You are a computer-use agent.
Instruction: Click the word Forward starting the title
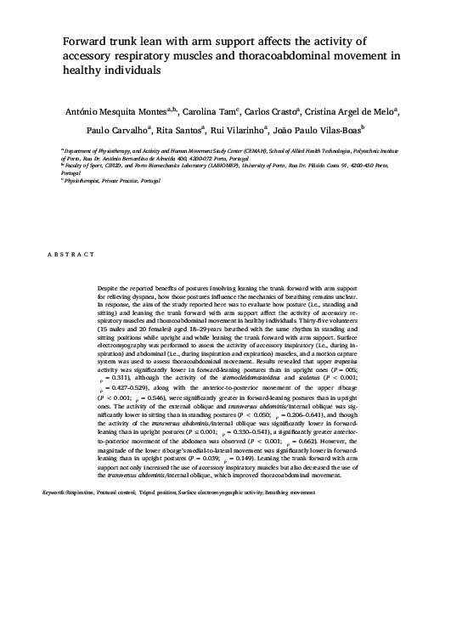pos(83,41)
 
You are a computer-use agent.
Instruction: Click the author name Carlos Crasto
pos(275,110)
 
